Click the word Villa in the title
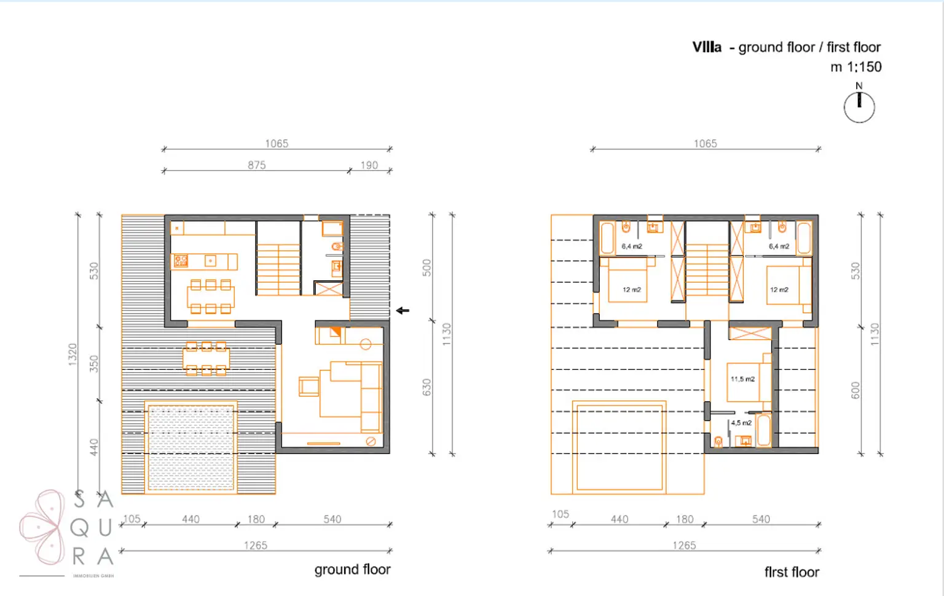pos(707,47)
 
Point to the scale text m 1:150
pos(855,67)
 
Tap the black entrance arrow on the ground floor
pos(403,310)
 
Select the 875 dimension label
pos(257,165)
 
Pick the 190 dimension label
pos(369,165)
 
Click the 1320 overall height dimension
pos(73,355)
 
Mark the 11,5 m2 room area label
pos(742,379)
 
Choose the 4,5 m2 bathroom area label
pos(741,423)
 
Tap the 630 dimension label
pos(427,387)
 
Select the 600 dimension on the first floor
pos(855,390)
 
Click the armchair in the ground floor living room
pos(309,386)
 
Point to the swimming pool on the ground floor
pos(191,447)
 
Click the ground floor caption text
pos(352,570)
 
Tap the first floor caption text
pos(792,572)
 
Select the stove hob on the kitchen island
pos(181,261)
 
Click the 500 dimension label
pos(427,268)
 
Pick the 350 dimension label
pos(94,363)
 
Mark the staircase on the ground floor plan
pos(278,269)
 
